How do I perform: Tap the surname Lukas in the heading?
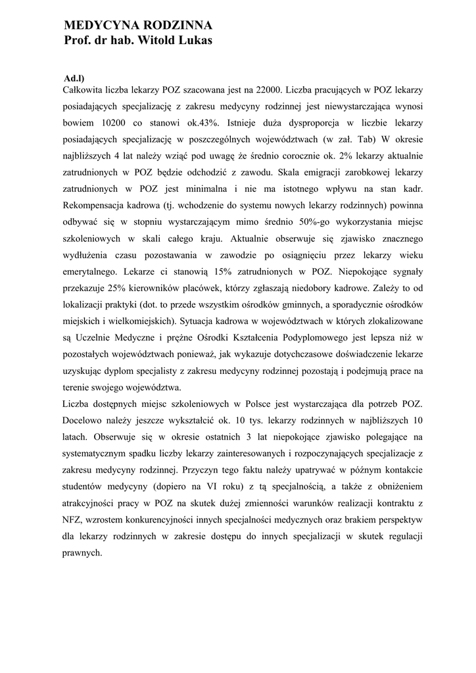pyautogui.click(x=194, y=41)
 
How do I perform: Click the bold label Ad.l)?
pyautogui.click(x=74, y=78)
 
